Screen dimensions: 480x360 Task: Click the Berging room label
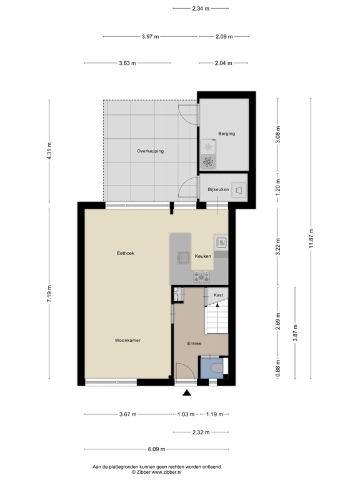pyautogui.click(x=226, y=133)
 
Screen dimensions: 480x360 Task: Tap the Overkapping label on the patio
pyautogui.click(x=150, y=151)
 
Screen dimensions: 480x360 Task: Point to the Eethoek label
pyautogui.click(x=126, y=253)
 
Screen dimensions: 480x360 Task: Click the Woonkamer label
pyautogui.click(x=127, y=340)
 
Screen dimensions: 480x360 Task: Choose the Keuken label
pyautogui.click(x=202, y=256)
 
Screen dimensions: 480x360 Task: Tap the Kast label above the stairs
pyautogui.click(x=218, y=294)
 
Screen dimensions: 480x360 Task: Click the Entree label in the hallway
pyautogui.click(x=194, y=343)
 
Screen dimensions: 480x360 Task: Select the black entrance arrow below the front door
pyautogui.click(x=186, y=393)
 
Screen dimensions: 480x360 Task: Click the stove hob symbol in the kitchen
pyautogui.click(x=221, y=243)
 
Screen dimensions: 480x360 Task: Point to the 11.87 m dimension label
pyautogui.click(x=311, y=238)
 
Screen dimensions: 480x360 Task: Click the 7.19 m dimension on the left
pyautogui.click(x=49, y=292)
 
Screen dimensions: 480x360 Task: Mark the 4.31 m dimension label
pyautogui.click(x=49, y=151)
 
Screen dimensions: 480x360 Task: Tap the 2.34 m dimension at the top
pyautogui.click(x=201, y=9)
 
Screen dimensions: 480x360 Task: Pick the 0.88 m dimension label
pyautogui.click(x=278, y=371)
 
